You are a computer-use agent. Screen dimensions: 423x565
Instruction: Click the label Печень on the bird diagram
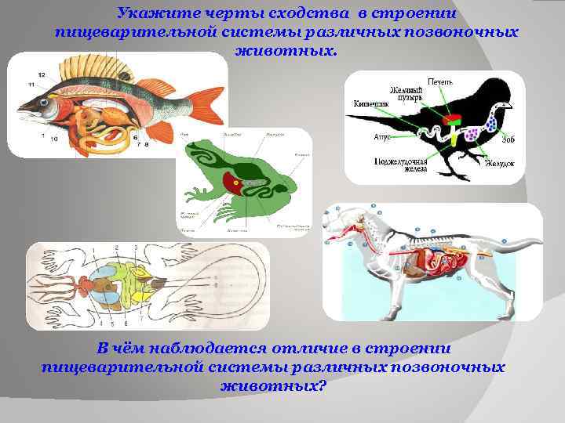[439, 81]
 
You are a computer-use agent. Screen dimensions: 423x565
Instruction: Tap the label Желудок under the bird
[499, 164]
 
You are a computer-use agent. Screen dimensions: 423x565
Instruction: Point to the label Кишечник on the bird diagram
[368, 103]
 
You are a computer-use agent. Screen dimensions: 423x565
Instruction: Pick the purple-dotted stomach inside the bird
[473, 135]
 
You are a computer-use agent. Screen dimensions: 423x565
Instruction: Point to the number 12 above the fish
[41, 74]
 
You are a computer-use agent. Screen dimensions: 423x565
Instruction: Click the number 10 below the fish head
[53, 139]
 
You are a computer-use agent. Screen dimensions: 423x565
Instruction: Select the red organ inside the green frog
[235, 181]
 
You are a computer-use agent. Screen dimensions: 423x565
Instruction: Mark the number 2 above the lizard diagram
[116, 248]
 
